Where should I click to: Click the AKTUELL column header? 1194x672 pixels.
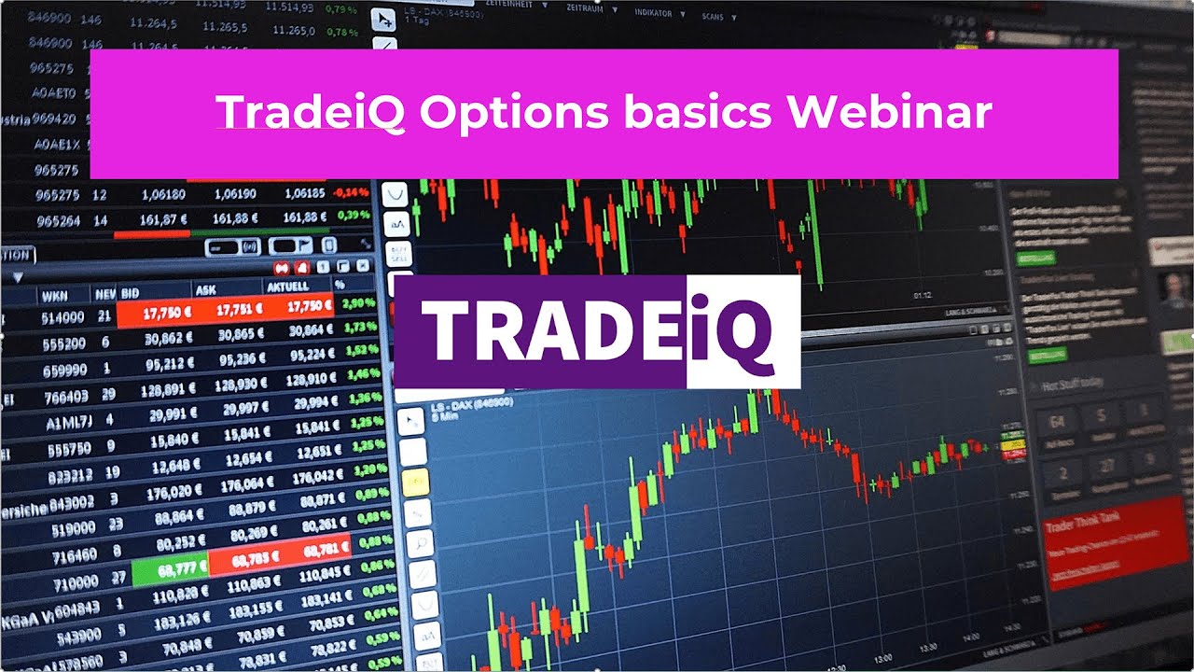pyautogui.click(x=288, y=287)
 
